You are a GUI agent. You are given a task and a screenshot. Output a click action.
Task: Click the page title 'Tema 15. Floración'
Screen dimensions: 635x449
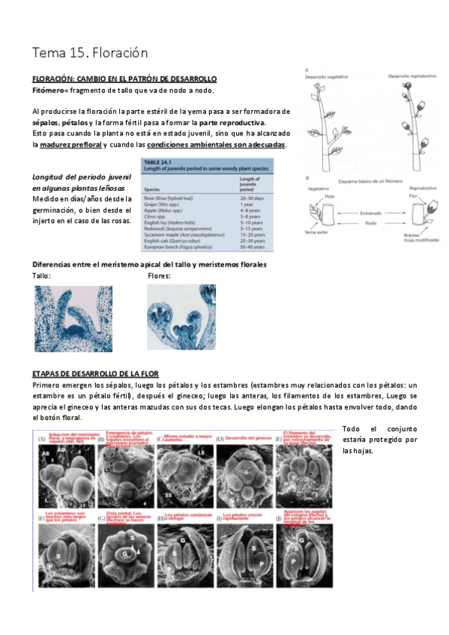90,53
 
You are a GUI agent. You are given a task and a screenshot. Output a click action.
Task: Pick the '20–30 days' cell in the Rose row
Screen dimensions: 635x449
253,198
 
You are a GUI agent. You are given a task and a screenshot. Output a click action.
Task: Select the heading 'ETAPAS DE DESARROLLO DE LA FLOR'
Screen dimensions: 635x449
95,373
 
